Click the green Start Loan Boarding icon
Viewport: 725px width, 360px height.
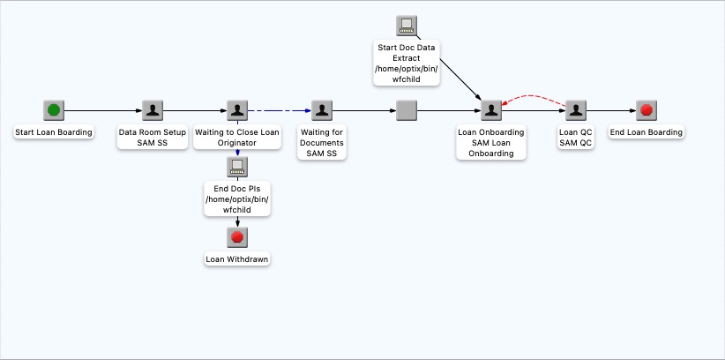[54, 110]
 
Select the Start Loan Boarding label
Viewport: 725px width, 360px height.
[54, 132]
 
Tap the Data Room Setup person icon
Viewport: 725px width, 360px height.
[153, 110]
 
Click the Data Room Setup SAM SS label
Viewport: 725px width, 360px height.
[153, 138]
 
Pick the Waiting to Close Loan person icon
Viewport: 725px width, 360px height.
[237, 110]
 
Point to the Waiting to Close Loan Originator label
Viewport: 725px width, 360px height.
[237, 138]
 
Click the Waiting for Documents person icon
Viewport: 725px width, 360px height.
[323, 110]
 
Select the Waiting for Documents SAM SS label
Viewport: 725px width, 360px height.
[323, 143]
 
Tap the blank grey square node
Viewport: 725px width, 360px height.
[406, 110]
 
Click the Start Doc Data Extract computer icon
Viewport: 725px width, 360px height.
[407, 26]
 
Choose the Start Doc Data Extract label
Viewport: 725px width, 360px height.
[407, 63]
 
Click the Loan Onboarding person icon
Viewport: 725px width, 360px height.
[491, 110]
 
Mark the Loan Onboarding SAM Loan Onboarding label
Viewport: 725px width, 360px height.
[491, 143]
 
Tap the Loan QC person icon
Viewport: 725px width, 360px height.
[575, 110]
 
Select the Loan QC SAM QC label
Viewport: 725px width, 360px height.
[575, 138]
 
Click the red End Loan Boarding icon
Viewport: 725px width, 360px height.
[647, 110]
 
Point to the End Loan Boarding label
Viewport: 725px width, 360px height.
[647, 132]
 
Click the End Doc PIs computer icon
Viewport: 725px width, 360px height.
[237, 166]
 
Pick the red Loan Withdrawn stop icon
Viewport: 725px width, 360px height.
[237, 237]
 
